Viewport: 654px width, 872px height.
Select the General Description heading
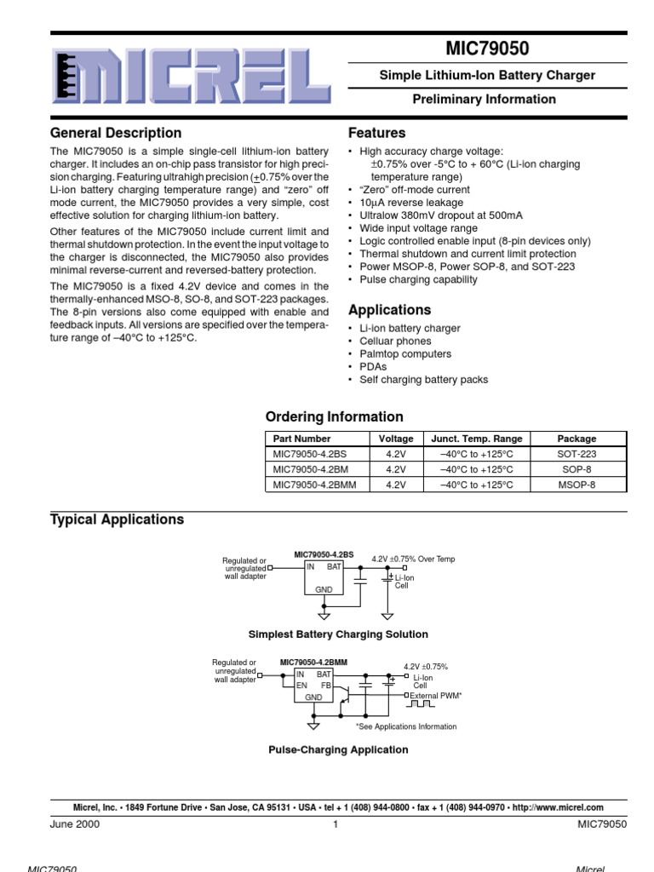(x=116, y=133)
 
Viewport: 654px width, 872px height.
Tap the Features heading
(x=377, y=133)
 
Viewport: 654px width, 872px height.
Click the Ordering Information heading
(x=335, y=417)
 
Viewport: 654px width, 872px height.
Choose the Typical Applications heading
(x=118, y=519)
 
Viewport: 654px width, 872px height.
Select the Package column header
(x=577, y=439)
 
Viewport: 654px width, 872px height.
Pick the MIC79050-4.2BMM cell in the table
(x=314, y=485)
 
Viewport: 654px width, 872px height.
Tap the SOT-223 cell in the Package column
(x=577, y=454)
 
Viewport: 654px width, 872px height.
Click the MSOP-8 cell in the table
(x=577, y=485)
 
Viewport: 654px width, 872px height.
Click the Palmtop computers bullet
(x=393, y=354)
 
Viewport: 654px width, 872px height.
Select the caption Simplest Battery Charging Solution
(x=338, y=634)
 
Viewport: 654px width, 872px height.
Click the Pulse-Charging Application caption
(x=338, y=749)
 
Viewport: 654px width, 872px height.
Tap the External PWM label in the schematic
(x=435, y=696)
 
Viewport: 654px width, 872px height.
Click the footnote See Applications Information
(x=406, y=726)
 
